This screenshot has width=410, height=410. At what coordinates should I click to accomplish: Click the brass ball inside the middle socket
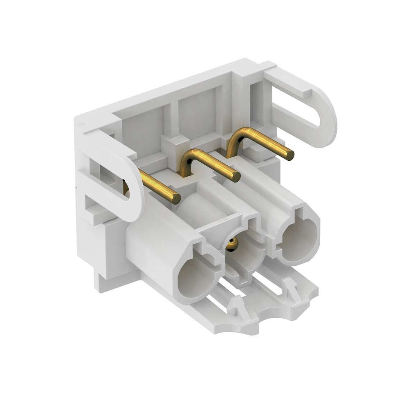click(x=232, y=245)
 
